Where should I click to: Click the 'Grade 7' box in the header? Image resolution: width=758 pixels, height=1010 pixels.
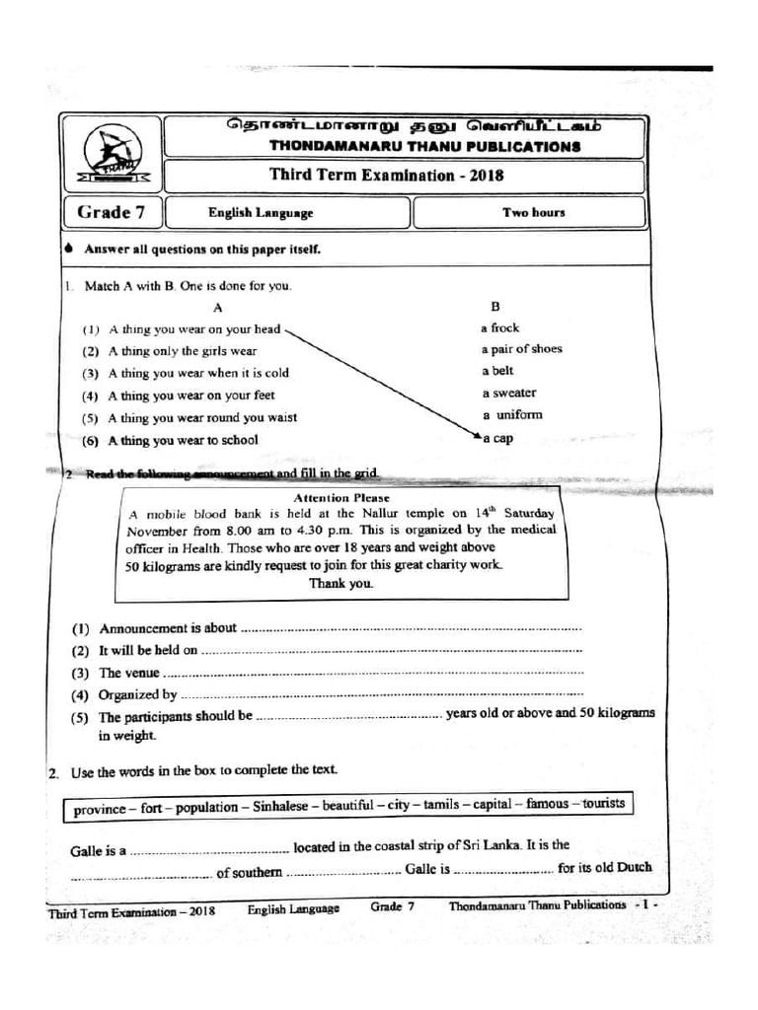coord(110,212)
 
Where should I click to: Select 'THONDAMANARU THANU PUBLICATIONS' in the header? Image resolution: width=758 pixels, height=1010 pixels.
coord(424,147)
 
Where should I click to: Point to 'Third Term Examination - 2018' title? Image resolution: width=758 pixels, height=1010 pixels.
coord(387,177)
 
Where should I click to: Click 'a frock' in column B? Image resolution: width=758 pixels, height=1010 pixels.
coord(500,327)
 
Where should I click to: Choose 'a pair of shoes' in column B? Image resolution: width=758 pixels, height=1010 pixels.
coord(522,349)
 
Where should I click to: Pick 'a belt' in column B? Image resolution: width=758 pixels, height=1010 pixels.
coord(498,371)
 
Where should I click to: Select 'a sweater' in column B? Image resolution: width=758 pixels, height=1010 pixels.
coord(509,393)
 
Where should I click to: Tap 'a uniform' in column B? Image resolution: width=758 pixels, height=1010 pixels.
coord(512,414)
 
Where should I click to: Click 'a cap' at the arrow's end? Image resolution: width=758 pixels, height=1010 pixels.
coord(498,438)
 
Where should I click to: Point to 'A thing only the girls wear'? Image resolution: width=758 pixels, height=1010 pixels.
coord(183,351)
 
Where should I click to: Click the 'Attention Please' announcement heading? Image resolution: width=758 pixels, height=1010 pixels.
coord(335,498)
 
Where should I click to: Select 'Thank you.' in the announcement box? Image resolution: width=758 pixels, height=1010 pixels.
coord(341,583)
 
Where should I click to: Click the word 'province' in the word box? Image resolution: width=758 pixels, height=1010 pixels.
coord(100,810)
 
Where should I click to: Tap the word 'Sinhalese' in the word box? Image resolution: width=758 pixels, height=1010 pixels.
coord(283,807)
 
